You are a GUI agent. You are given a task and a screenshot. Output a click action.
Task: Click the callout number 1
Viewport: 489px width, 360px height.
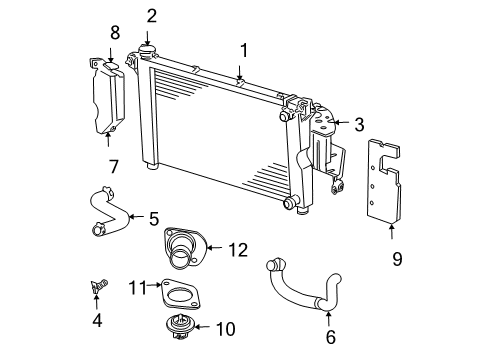(241, 49)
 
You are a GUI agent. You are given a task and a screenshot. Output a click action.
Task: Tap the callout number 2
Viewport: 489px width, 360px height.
(151, 15)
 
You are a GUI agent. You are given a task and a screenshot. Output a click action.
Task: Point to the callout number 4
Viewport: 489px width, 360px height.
(96, 320)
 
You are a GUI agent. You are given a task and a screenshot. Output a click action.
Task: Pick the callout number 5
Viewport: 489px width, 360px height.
(154, 218)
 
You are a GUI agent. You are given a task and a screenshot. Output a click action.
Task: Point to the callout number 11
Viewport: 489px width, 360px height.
(138, 289)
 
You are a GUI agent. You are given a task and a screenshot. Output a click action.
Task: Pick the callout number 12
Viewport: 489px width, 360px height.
(237, 250)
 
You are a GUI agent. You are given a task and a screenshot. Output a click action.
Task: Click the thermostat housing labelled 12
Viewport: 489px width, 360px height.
(181, 250)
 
